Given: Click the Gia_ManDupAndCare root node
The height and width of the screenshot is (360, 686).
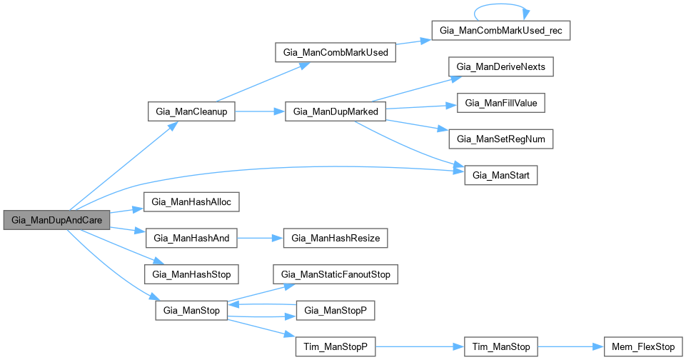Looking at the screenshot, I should coord(56,220).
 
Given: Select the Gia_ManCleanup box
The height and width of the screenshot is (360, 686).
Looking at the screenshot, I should coord(191,112).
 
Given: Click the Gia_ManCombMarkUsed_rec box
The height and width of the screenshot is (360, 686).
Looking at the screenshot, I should coord(501,31).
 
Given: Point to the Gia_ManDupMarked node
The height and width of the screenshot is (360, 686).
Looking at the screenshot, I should coord(336,112).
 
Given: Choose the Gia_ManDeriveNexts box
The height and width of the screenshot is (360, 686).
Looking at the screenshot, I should coord(501,67).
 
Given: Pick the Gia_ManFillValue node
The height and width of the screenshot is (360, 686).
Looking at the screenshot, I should coord(501,103).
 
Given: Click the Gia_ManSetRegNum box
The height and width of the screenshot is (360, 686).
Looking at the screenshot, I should coord(501,139).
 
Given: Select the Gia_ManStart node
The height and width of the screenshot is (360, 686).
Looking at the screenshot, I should coord(500,175).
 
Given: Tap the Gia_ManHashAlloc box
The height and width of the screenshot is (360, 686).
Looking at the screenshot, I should coord(191,202).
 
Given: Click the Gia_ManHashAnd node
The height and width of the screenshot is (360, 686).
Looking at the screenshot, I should coord(191,238).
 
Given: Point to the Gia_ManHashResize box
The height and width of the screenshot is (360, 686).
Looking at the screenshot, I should coord(336,238).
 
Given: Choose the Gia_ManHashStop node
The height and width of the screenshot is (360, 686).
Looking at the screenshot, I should coord(191,274).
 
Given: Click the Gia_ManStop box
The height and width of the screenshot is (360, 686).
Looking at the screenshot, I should coord(191,311).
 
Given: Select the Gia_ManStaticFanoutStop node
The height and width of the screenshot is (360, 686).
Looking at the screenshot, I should coord(336,274).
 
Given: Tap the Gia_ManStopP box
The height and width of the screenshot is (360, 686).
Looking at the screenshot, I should coord(336,311).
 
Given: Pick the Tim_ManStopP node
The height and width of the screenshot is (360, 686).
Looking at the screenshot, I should coord(336,347).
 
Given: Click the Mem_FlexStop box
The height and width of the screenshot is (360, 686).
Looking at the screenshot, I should coord(643,347).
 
